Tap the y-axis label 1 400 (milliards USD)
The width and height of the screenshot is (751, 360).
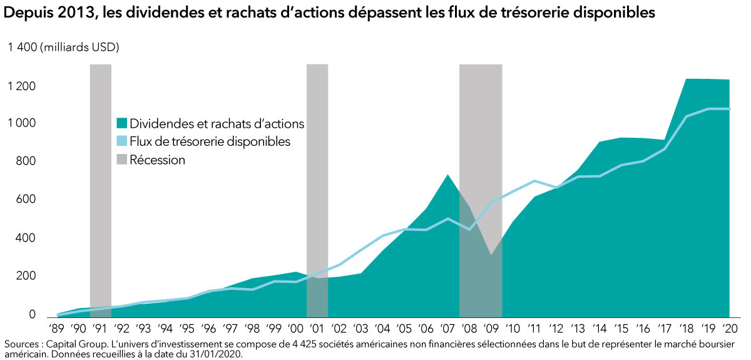[63, 47]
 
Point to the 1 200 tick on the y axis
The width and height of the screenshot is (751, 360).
[22, 86]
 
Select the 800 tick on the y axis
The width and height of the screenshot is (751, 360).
[26, 162]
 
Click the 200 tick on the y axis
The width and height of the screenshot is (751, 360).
[26, 276]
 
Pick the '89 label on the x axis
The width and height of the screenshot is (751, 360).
[58, 329]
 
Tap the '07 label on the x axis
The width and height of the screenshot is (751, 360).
[447, 329]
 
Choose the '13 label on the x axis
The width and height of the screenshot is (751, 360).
[578, 329]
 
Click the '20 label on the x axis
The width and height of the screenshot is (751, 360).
[729, 329]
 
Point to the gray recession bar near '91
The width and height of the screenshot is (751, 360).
[101, 188]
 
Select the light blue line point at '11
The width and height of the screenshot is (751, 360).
[534, 181]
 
